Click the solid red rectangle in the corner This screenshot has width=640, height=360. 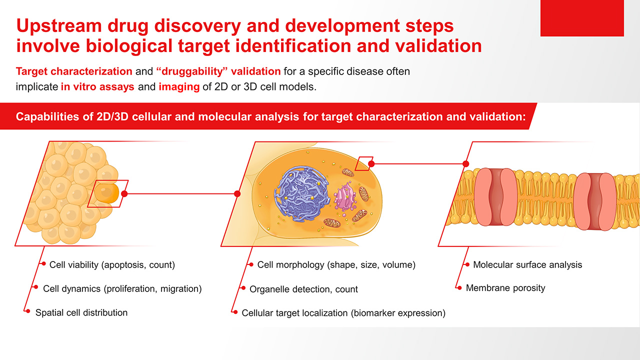coord(582,18)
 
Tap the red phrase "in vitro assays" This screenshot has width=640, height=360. coord(97,86)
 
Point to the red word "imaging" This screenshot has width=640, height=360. coord(179,87)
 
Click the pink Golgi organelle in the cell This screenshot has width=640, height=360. coord(345,197)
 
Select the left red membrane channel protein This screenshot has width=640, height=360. coord(495,196)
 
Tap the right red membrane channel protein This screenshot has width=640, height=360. coord(595,201)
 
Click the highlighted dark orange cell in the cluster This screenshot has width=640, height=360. coord(106,193)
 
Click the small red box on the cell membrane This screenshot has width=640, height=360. coord(364,163)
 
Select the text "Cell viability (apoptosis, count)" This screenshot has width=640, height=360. coord(112,265)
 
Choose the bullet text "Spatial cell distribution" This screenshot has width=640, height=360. coord(81,312)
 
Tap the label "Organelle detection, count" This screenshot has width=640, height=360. coord(303,289)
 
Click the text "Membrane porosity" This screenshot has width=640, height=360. coord(505,288)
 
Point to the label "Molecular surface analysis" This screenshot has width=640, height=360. coord(527,265)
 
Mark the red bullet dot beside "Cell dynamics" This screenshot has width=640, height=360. coord(36,287)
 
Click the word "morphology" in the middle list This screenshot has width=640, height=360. coord(296,265)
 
